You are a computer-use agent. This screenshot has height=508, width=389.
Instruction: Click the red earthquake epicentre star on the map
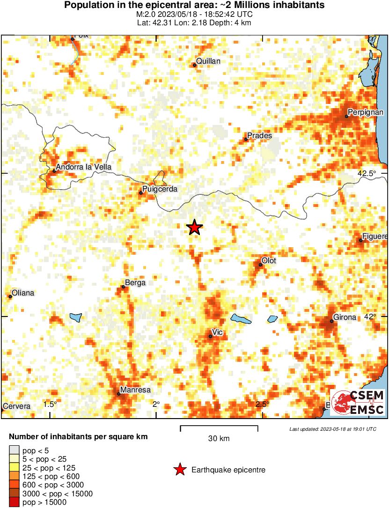195,228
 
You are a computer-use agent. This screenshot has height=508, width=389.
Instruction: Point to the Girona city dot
331,321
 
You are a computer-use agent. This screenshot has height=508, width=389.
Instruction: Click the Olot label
269,260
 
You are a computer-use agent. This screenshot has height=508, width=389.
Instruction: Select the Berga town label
135,283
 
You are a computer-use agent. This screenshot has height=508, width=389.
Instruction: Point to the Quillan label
208,61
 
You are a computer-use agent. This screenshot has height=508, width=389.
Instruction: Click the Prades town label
259,136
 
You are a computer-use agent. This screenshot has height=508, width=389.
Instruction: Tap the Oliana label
23,293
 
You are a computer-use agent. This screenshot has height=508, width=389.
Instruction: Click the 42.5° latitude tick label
367,174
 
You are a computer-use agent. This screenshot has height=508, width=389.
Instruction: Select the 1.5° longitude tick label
50,404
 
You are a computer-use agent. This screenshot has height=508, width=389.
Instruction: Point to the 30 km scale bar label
219,439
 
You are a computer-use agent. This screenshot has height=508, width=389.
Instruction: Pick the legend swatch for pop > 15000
14,502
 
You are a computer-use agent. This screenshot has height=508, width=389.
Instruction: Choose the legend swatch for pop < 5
14,451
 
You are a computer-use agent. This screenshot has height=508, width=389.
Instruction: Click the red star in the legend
179,470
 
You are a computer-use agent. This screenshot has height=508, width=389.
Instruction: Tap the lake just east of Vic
241,319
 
